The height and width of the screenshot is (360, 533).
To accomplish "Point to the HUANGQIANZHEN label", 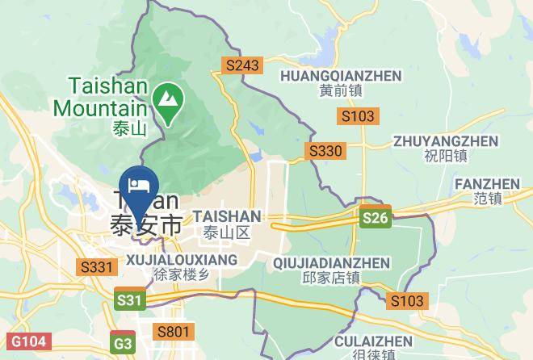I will [340, 76].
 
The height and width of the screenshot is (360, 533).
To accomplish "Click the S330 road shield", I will [325, 151].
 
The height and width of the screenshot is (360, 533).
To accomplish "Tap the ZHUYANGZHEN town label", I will [445, 140].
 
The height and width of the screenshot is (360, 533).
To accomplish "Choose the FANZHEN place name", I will [487, 184].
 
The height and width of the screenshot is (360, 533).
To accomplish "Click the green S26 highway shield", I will [376, 218].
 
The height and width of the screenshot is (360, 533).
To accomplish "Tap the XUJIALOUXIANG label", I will [183, 260].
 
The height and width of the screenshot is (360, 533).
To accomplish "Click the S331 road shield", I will [94, 266].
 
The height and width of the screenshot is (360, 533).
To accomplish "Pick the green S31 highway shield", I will [130, 300].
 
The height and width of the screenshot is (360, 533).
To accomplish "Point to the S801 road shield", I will [173, 331].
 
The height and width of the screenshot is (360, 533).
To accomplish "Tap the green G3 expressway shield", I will [124, 344].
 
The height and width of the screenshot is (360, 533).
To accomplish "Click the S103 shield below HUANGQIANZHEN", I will [358, 116].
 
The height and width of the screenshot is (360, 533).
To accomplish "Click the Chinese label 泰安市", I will [146, 225].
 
